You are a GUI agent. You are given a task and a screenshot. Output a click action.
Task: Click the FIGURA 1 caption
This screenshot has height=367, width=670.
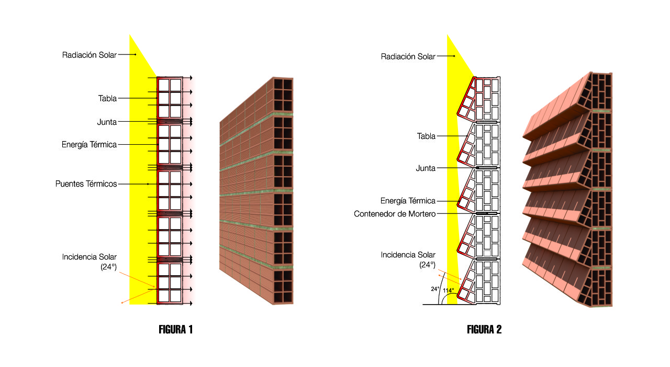(175, 330)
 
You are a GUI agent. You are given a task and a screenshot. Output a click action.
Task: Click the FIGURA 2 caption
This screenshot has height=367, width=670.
(484, 330)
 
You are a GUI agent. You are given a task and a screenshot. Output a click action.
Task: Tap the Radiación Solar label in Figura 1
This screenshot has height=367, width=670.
(89, 55)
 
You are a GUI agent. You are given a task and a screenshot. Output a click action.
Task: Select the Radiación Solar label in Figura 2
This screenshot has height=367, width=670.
(408, 57)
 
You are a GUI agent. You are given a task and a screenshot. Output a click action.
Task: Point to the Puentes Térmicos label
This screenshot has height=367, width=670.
(86, 184)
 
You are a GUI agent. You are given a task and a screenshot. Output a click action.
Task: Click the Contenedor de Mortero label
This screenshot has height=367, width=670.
(395, 214)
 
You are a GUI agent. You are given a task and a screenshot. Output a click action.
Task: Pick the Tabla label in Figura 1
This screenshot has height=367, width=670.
(107, 98)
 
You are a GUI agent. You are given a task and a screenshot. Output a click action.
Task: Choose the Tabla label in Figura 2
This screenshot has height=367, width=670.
(426, 136)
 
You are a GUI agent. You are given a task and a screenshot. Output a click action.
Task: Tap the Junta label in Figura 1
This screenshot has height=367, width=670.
(107, 122)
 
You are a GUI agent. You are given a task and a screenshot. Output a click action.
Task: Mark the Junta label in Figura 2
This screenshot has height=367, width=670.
(426, 168)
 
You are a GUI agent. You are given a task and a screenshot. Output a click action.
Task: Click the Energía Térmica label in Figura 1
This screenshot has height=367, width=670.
(89, 145)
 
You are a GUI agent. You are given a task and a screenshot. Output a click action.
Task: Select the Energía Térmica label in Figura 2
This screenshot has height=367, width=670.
(408, 201)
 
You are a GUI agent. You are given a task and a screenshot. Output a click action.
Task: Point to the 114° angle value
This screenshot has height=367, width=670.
(449, 290)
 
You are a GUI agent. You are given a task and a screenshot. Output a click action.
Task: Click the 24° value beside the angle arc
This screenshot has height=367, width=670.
(435, 289)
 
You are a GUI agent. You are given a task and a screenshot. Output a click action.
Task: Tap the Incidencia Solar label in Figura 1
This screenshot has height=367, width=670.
(89, 257)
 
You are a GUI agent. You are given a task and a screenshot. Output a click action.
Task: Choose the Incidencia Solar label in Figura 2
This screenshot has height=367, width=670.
(408, 255)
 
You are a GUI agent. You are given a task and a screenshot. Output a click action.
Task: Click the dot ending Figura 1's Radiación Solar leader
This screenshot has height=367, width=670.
(136, 55)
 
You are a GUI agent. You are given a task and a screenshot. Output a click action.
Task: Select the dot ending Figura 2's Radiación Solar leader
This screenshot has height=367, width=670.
(454, 56)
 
